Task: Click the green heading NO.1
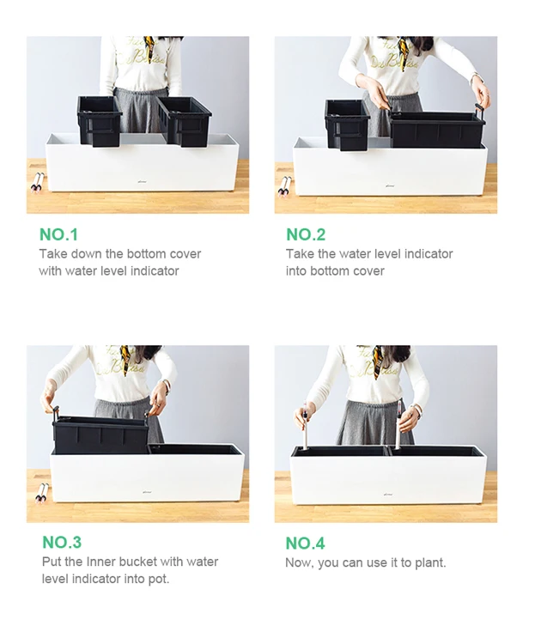(x=58, y=234)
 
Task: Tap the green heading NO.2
(x=306, y=234)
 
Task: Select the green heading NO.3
(x=62, y=542)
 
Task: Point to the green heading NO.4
(x=305, y=543)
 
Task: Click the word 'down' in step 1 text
(x=87, y=254)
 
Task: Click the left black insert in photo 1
(x=99, y=121)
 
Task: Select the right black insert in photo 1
(x=185, y=121)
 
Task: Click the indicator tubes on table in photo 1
(x=38, y=183)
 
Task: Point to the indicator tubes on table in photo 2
(x=284, y=186)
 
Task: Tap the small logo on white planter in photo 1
(x=142, y=181)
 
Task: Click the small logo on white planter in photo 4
(x=387, y=494)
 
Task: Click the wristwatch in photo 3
(x=167, y=386)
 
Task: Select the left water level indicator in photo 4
(x=306, y=427)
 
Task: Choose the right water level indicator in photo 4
(x=398, y=424)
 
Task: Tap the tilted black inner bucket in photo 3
(x=100, y=434)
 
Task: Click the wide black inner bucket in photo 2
(x=437, y=129)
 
